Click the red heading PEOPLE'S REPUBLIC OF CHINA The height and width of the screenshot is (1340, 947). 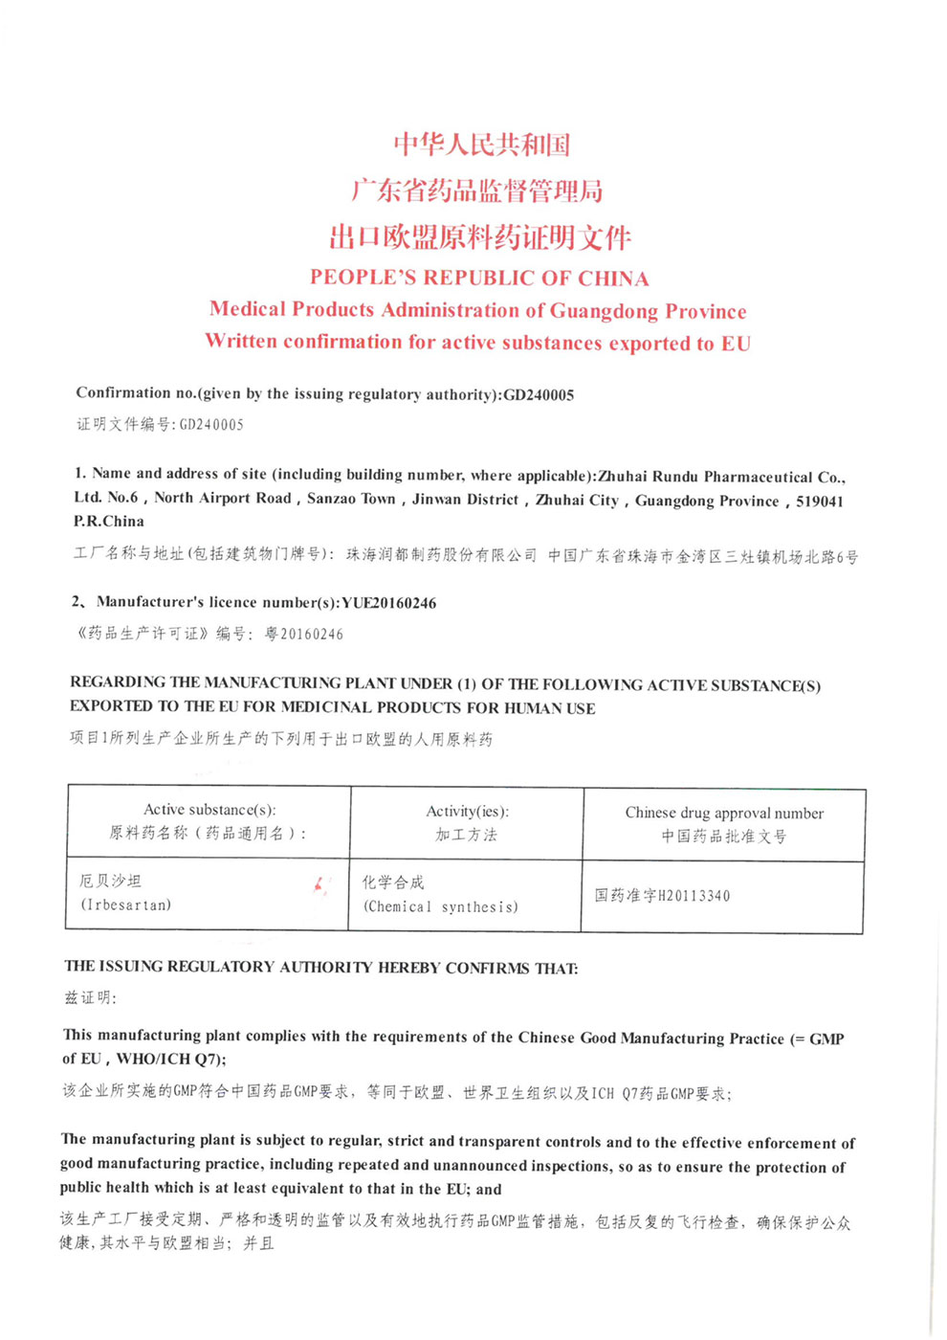(479, 278)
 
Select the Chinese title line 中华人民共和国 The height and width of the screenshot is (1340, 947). (482, 145)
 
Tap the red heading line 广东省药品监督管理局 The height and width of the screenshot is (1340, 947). (477, 190)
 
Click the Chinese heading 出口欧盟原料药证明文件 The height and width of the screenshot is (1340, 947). (480, 236)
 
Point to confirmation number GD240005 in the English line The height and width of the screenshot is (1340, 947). (539, 394)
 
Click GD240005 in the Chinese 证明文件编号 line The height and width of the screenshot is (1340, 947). (211, 424)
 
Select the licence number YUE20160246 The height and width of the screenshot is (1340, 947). (388, 603)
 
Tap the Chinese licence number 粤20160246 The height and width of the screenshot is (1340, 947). (304, 634)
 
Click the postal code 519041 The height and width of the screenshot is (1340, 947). (820, 501)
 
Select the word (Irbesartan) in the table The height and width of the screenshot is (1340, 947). (126, 904)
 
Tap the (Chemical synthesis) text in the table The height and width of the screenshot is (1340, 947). (441, 906)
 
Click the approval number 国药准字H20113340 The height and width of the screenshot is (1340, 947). (662, 896)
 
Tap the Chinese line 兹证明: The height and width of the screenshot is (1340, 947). (90, 997)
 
